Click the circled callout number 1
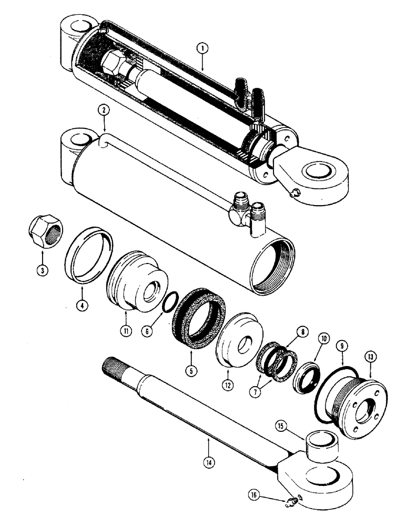point(202,48)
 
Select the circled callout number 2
point(104,111)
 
